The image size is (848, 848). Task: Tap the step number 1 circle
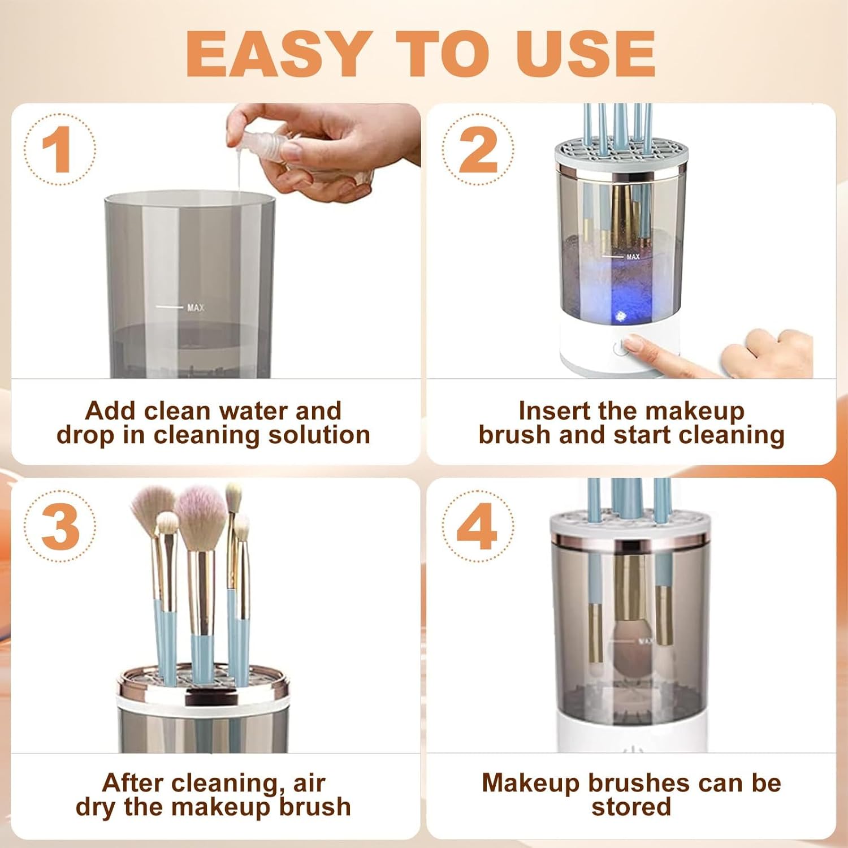pyautogui.click(x=59, y=149)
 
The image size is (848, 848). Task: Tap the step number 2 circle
pyautogui.click(x=478, y=149)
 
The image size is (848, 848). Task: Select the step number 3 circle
pyautogui.click(x=59, y=526)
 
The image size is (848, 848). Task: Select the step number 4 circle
pyautogui.click(x=478, y=526)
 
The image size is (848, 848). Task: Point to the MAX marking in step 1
pyautogui.click(x=195, y=308)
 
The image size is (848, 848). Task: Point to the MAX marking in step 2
pyautogui.click(x=632, y=257)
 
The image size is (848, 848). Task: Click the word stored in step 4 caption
pyautogui.click(x=631, y=807)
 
